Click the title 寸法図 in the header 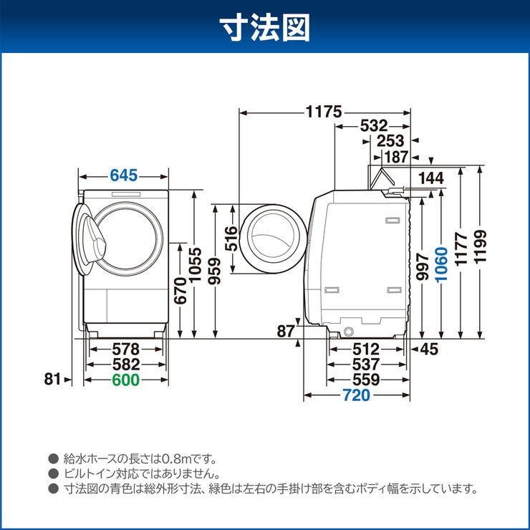(x=264, y=26)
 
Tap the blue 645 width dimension (x=125, y=175)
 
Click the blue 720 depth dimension (x=356, y=395)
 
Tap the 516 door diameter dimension (x=231, y=238)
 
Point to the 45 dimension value (x=429, y=349)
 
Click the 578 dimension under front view (x=125, y=349)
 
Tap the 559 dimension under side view (x=365, y=380)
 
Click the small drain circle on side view (x=349, y=332)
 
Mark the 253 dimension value (x=390, y=141)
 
